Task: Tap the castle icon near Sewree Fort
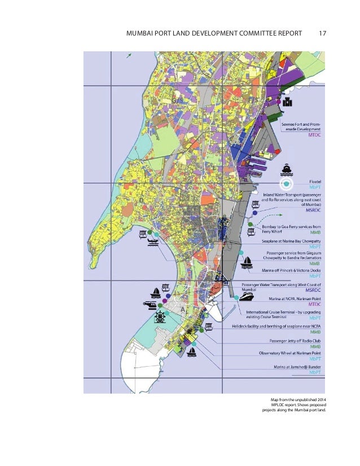click(x=287, y=102)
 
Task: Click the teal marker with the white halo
click(x=287, y=184)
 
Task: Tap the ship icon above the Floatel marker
click(x=287, y=169)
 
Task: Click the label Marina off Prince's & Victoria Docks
click(x=292, y=270)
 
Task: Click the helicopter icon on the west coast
click(x=151, y=305)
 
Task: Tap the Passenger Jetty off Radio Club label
click(x=288, y=341)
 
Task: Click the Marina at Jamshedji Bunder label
click(x=293, y=367)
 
